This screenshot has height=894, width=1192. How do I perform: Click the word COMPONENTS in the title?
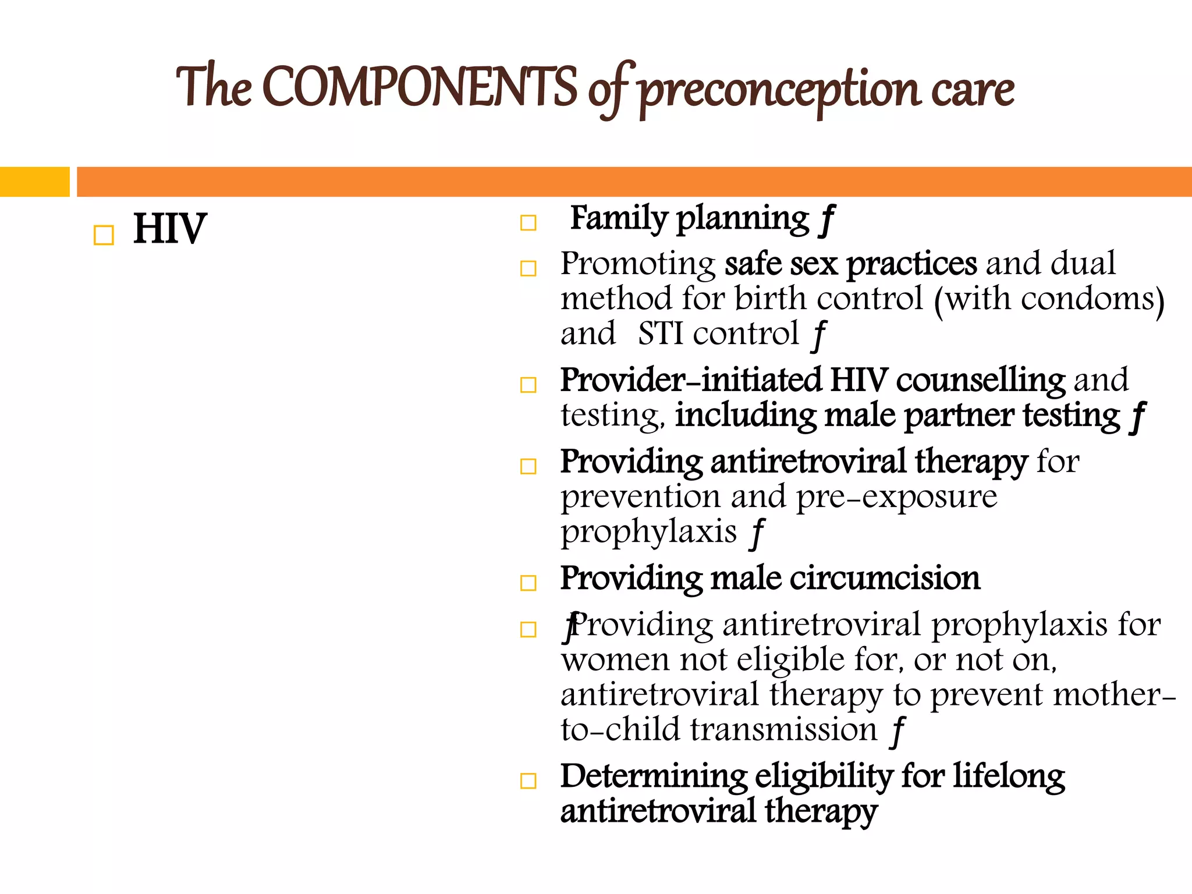[x=419, y=87]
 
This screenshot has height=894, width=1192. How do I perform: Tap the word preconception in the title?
[x=780, y=90]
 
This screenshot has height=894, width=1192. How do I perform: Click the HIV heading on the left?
[x=169, y=229]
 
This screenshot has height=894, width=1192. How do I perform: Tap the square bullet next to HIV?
[x=104, y=235]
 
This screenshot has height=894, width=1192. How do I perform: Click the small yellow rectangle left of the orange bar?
[x=34, y=182]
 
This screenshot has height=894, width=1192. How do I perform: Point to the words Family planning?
[x=690, y=219]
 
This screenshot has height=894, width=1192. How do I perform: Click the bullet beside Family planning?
[x=528, y=223]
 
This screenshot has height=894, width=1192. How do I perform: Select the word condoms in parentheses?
[x=1088, y=299]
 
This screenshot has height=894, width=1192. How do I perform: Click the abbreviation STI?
[x=660, y=334]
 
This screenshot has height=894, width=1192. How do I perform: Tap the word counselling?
[x=980, y=381]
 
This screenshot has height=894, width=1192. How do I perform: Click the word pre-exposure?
[x=896, y=497]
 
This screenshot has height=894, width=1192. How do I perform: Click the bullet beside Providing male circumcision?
[x=528, y=583]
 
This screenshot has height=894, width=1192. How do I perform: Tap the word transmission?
[x=783, y=730]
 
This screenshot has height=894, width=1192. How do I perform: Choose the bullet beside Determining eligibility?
[x=528, y=781]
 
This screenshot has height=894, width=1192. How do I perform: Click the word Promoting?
[x=638, y=264]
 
